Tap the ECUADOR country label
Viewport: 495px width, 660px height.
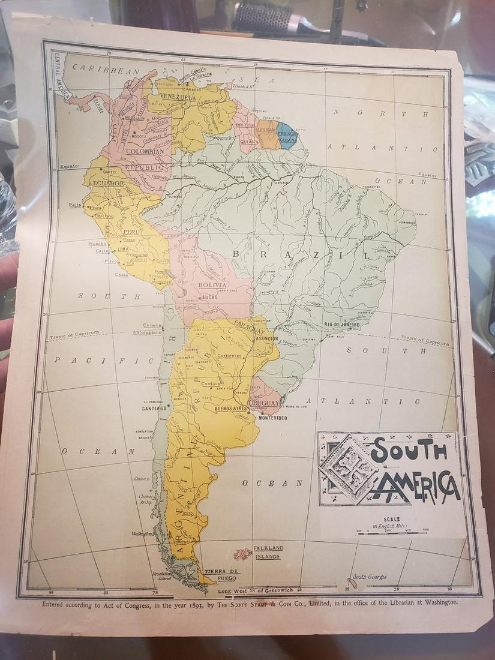point(108,184)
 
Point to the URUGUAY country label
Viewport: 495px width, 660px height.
point(264,403)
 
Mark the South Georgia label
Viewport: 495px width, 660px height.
point(369,577)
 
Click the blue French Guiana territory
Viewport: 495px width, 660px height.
point(287,136)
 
